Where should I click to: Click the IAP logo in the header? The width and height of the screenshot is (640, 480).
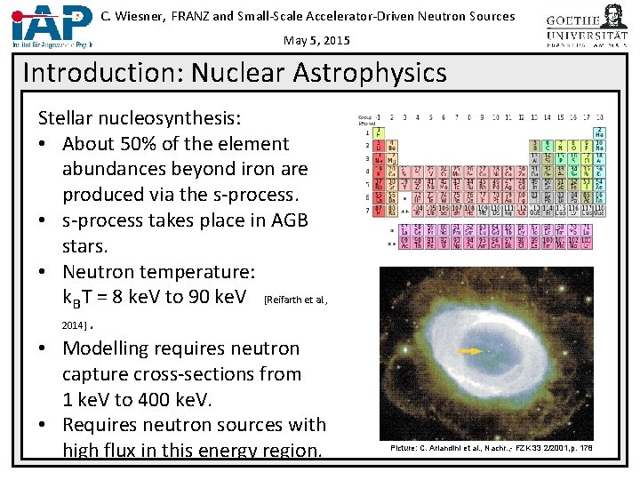50,23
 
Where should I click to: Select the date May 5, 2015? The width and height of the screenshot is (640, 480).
317,41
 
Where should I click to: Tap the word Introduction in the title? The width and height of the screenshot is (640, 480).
95,72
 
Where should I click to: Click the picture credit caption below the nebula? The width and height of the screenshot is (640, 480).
491,448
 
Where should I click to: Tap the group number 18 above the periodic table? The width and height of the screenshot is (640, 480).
601,116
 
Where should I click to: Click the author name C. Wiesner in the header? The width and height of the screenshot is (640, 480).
132,16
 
